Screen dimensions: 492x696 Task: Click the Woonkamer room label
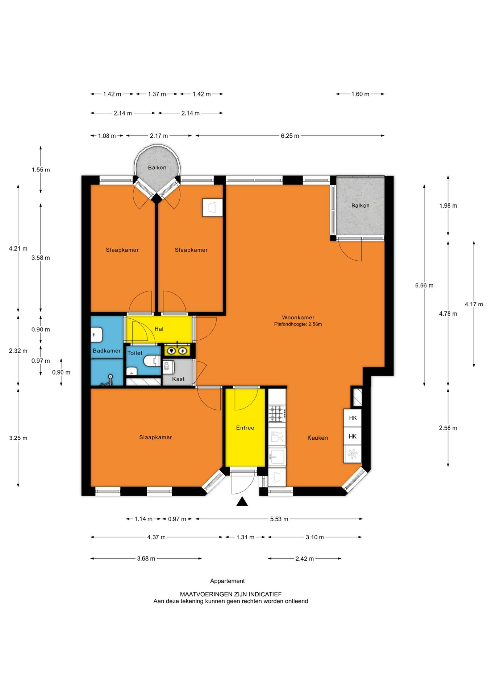pyautogui.click(x=298, y=318)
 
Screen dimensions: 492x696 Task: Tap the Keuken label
pyautogui.click(x=317, y=438)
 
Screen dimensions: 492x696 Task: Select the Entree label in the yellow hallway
pyautogui.click(x=245, y=428)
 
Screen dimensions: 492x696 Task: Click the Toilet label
pyautogui.click(x=135, y=353)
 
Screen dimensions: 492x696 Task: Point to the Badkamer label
pyautogui.click(x=107, y=351)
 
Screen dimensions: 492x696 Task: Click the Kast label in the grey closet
pyautogui.click(x=178, y=379)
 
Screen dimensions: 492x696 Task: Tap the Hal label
pyautogui.click(x=159, y=329)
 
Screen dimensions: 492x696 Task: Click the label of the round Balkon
pyautogui.click(x=157, y=167)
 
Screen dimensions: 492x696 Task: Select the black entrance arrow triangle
pyautogui.click(x=242, y=502)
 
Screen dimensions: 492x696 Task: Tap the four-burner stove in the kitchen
pyautogui.click(x=277, y=413)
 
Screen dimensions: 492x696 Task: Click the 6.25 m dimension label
pyautogui.click(x=290, y=136)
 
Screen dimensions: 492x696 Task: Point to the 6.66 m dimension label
pyautogui.click(x=424, y=286)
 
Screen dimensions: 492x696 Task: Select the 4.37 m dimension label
pyautogui.click(x=156, y=537)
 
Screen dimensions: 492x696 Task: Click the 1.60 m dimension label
pyautogui.click(x=360, y=94)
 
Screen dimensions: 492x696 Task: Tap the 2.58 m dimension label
pyautogui.click(x=448, y=428)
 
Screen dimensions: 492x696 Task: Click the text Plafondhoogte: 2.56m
pyautogui.click(x=298, y=324)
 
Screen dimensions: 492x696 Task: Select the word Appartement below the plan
pyautogui.click(x=228, y=581)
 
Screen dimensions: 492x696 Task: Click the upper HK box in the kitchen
pyautogui.click(x=353, y=418)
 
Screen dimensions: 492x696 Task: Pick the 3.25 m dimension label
pyautogui.click(x=18, y=438)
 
